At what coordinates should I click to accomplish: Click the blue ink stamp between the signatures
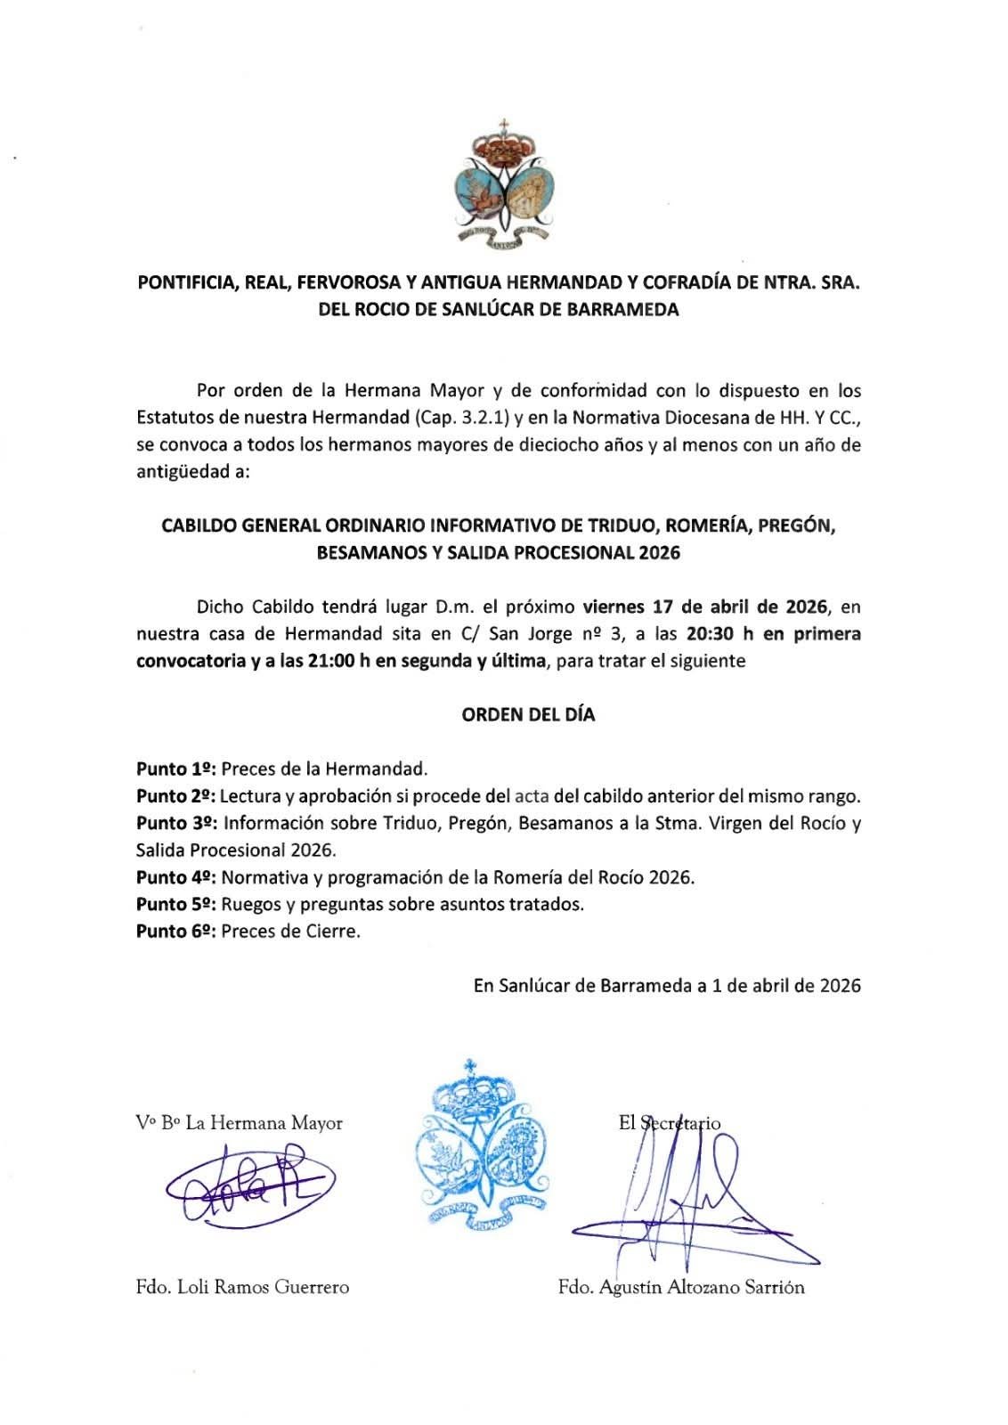tap(480, 1145)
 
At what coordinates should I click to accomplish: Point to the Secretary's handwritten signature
tap(677, 1198)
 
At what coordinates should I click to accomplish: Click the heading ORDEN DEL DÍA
tap(528, 714)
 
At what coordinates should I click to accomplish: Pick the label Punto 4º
tap(175, 877)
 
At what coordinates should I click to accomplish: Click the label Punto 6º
tap(175, 932)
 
